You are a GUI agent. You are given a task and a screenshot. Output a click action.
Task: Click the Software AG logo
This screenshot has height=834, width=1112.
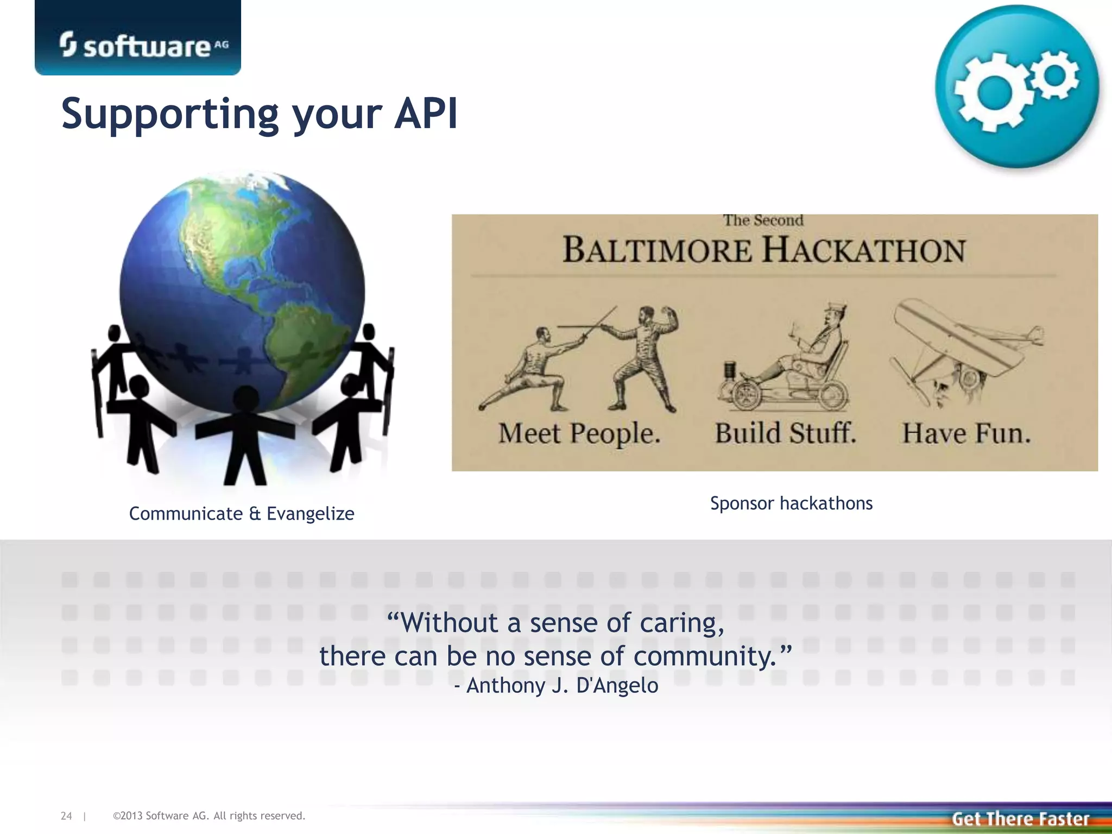143,46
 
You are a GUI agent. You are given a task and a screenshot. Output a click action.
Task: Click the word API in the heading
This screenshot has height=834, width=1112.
426,114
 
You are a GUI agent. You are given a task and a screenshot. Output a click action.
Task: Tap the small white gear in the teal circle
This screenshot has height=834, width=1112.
1056,75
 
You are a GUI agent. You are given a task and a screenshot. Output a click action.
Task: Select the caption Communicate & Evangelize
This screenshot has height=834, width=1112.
242,514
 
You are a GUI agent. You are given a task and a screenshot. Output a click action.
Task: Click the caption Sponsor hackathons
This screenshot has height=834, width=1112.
791,503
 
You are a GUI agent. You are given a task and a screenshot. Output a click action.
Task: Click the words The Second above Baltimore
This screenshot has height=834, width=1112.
763,220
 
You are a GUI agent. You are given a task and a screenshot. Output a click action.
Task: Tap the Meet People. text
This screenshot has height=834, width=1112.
579,434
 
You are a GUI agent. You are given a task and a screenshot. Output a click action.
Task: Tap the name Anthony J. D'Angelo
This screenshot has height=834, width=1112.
562,686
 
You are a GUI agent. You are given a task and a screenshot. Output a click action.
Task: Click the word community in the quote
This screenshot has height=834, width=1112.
705,656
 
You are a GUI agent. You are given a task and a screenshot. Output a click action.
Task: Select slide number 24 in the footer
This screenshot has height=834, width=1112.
66,816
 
